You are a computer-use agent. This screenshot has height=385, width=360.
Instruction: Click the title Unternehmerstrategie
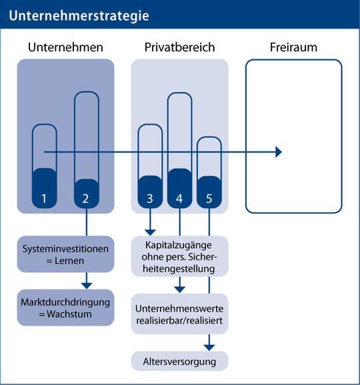(79, 16)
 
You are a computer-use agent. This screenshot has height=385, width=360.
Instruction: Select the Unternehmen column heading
(65, 47)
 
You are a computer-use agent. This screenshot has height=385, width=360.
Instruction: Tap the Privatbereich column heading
(179, 47)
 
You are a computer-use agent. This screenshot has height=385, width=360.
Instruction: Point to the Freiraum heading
(293, 47)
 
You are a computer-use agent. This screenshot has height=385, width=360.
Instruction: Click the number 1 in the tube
(44, 199)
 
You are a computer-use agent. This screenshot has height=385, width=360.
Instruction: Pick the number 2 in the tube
(85, 199)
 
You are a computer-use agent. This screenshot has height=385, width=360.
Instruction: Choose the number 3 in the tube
(150, 199)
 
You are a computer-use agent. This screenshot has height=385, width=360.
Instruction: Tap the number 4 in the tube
(179, 199)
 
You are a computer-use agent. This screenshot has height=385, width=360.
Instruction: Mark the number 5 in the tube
(209, 199)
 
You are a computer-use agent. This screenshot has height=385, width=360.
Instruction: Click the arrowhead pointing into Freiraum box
(279, 152)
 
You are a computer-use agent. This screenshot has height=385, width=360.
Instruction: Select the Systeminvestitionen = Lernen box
(65, 254)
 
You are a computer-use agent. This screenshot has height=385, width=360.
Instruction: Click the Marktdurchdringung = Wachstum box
(65, 308)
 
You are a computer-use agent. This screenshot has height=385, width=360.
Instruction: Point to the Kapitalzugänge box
(179, 256)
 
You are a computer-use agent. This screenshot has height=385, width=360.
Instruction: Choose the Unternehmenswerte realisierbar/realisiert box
(179, 314)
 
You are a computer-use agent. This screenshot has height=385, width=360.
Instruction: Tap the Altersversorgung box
(179, 361)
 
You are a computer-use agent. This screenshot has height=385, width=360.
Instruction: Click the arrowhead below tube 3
(150, 232)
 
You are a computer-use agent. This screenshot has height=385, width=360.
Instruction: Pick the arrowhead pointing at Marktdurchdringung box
(87, 286)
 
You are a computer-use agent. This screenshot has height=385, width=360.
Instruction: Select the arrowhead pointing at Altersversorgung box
(209, 348)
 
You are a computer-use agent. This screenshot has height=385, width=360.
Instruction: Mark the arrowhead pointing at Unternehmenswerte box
(179, 290)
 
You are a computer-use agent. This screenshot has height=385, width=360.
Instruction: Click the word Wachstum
(69, 314)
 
